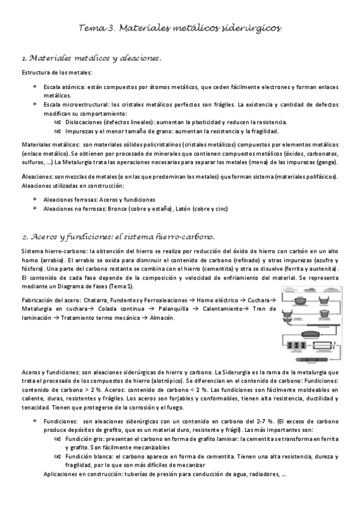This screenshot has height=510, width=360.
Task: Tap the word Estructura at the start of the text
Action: (35, 73)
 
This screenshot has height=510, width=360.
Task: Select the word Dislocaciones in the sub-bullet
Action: (83, 121)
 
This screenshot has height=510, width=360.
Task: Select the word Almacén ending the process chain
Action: (162, 317)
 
